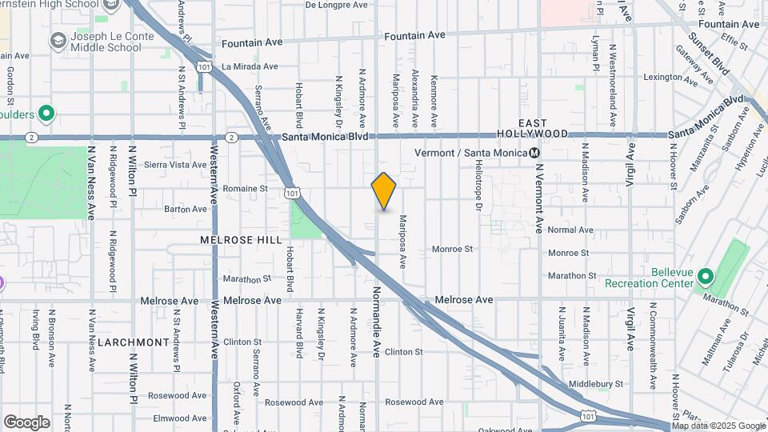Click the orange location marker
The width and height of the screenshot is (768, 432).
(x=384, y=190)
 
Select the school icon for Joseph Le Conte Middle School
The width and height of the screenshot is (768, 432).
(x=58, y=41)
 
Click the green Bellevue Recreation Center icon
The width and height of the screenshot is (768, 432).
(x=705, y=277)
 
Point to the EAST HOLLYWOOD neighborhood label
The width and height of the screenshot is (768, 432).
(x=543, y=128)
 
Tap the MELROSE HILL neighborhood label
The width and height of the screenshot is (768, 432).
(x=242, y=240)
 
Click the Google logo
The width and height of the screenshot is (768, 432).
(x=26, y=422)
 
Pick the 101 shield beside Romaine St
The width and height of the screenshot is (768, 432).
(x=293, y=192)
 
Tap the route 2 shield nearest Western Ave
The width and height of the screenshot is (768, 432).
(x=230, y=138)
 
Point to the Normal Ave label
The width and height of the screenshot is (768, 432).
(x=570, y=230)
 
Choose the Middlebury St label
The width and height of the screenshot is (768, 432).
(x=597, y=385)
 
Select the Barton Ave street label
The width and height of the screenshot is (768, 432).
(x=185, y=210)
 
